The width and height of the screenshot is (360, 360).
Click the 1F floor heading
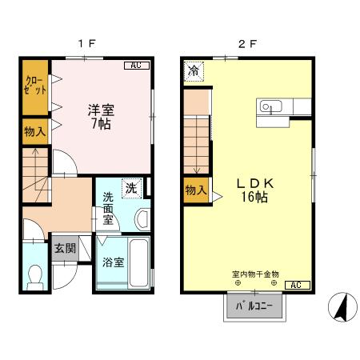(86, 43)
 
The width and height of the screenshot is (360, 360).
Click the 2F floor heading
(247, 43)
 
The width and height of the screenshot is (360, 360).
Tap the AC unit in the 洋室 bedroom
(137, 66)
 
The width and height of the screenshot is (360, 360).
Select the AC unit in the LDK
(298, 285)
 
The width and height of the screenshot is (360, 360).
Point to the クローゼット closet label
(35, 86)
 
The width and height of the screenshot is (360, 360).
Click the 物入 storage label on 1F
(35, 132)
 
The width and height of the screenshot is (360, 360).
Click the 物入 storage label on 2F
(196, 190)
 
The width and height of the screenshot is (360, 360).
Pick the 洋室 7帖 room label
(102, 117)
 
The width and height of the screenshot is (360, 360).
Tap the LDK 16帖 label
(255, 190)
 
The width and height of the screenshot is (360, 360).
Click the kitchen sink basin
(270, 106)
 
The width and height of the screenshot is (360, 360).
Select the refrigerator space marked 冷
(194, 71)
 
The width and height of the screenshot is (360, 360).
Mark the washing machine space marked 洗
(131, 189)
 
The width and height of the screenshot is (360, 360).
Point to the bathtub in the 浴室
(138, 263)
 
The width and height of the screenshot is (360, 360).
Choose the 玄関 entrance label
(66, 249)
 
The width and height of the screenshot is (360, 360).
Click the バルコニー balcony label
(254, 306)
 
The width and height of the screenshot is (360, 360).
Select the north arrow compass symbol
(342, 307)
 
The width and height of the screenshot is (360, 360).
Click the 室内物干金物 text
(255, 274)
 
